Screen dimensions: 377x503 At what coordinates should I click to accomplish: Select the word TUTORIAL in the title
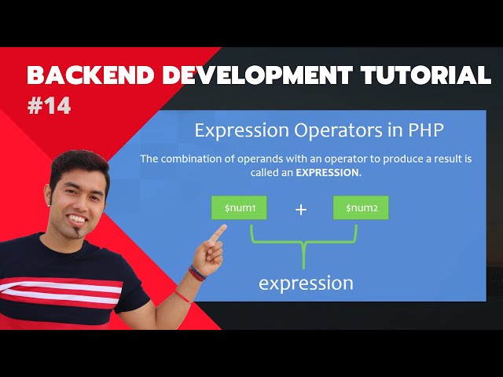429,76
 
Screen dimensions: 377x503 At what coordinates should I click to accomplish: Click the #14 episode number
49,106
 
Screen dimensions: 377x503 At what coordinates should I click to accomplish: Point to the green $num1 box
239,208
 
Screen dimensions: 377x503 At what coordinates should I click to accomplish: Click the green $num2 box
361,208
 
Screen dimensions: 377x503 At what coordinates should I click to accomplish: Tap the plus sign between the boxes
300,210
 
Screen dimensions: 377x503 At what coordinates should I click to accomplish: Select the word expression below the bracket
306,282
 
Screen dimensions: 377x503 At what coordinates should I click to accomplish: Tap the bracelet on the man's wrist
196,274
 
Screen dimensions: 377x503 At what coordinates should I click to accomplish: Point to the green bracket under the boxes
303,240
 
